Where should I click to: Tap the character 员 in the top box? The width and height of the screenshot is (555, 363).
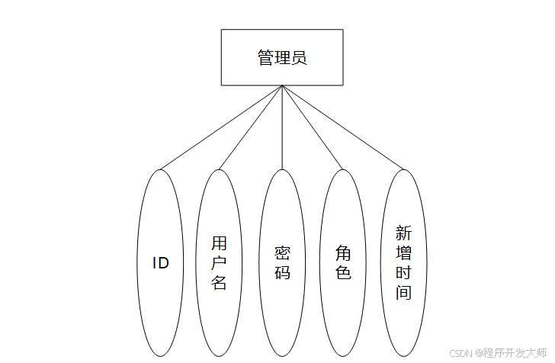tap(299, 58)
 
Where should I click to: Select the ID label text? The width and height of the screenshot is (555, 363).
tap(160, 264)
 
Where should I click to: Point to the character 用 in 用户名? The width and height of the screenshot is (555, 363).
tap(219, 244)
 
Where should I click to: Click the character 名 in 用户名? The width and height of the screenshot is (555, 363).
tap(219, 283)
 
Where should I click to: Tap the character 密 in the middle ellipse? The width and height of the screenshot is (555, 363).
tap(282, 253)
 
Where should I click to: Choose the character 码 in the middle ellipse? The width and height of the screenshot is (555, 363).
tap(282, 272)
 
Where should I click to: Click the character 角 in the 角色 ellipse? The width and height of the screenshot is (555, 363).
tap(343, 253)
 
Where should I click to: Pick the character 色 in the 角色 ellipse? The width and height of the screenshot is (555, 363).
tap(343, 272)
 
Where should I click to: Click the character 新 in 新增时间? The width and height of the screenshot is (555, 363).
tap(403, 233)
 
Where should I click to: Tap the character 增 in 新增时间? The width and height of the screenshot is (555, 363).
tap(403, 253)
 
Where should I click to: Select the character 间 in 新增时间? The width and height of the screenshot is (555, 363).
tap(403, 292)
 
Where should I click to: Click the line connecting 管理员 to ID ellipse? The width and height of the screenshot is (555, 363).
tap(221, 127)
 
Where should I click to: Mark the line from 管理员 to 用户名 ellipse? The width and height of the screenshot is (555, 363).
tap(251, 127)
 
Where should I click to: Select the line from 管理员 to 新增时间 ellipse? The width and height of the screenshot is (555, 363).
tap(342, 127)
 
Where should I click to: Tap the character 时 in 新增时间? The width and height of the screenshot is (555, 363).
tap(403, 272)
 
